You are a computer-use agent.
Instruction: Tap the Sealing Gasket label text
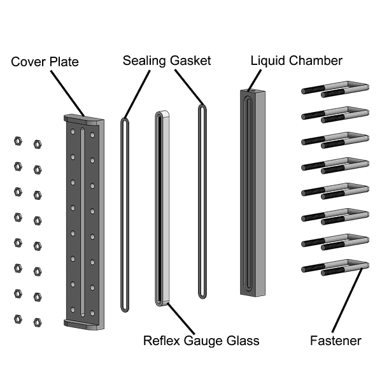coord(167,60)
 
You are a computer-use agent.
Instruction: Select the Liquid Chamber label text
coord(297,60)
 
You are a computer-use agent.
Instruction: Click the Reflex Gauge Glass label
coord(201,341)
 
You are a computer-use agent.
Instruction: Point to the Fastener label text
coord(336,341)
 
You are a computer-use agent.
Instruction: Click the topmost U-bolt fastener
coord(335,89)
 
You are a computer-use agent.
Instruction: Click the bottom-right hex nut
coord(37,322)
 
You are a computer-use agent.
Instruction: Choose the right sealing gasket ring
coord(202,201)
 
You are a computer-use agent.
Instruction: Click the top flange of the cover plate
coord(83,119)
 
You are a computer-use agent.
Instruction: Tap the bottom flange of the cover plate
coord(83,326)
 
